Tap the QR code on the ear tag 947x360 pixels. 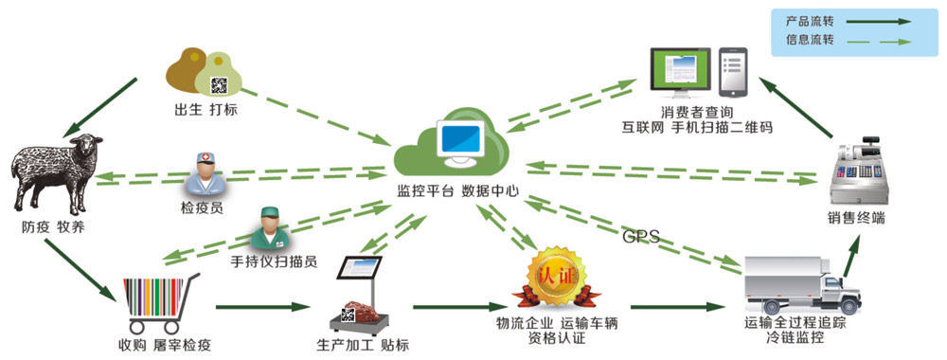219,85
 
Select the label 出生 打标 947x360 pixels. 205,111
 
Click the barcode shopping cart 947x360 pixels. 159,304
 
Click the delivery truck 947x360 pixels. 801,284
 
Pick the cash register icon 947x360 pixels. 860,172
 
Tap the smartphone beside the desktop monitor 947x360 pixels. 733,73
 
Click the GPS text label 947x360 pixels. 641,236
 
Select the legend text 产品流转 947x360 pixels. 810,22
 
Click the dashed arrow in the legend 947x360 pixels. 878,42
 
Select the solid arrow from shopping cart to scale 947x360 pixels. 262,307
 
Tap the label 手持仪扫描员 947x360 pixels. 274,262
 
